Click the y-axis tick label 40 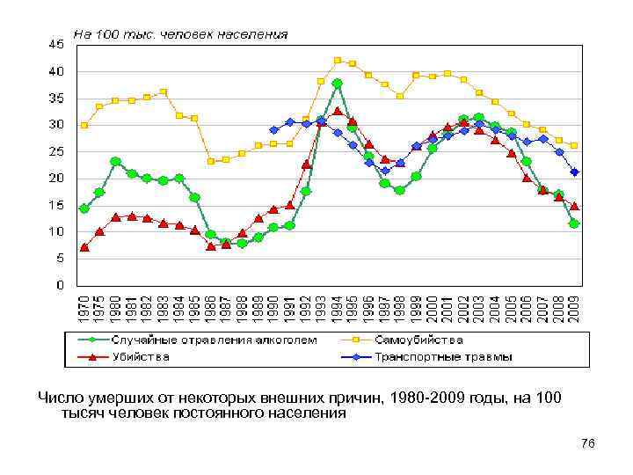pyautogui.click(x=56, y=70)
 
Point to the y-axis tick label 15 pyautogui.click(x=56, y=205)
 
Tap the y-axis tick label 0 pyautogui.click(x=59, y=285)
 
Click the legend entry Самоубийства pyautogui.click(x=418, y=339)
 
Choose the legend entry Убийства pyautogui.click(x=141, y=356)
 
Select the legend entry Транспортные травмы pyautogui.click(x=443, y=356)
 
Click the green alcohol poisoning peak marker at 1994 pyautogui.click(x=338, y=84)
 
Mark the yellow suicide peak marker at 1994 pyautogui.click(x=338, y=61)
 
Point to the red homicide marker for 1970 pyautogui.click(x=84, y=247)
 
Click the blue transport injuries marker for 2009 pyautogui.click(x=574, y=172)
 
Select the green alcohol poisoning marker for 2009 pyautogui.click(x=574, y=223)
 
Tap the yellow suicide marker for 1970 pyautogui.click(x=84, y=126)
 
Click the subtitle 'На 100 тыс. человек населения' pyautogui.click(x=180, y=35)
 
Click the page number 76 pyautogui.click(x=587, y=444)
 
